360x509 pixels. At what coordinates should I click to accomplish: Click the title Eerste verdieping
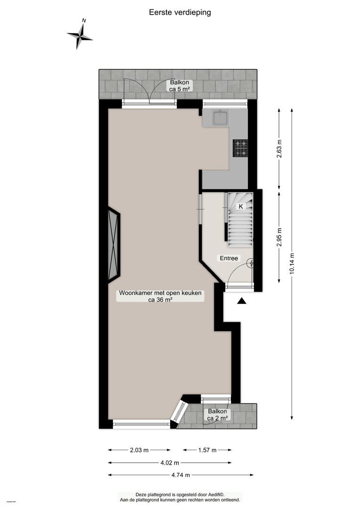[x=180, y=12]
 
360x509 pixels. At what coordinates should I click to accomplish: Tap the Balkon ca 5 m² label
[x=180, y=85]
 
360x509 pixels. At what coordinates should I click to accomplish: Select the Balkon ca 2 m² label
[x=218, y=415]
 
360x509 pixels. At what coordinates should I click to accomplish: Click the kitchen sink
[x=221, y=117]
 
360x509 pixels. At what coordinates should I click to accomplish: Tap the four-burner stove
[x=240, y=148]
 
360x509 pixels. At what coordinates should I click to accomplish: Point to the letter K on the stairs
[x=241, y=206]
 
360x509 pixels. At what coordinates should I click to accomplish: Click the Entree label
[x=229, y=258]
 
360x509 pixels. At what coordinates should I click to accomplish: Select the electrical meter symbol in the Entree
[x=251, y=263]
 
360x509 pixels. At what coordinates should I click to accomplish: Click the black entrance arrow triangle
[x=242, y=301]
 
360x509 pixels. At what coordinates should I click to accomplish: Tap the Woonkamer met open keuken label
[x=160, y=296]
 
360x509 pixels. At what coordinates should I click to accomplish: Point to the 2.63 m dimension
[x=279, y=148]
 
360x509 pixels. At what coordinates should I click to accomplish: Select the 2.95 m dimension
[x=279, y=237]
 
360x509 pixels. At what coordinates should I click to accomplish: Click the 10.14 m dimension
[x=292, y=264]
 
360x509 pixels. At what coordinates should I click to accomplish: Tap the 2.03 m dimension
[x=139, y=450]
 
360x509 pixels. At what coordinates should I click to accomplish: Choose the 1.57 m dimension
[x=207, y=450]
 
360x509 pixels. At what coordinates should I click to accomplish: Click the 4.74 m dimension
[x=181, y=475]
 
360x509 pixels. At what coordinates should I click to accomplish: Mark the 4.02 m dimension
[x=170, y=463]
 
